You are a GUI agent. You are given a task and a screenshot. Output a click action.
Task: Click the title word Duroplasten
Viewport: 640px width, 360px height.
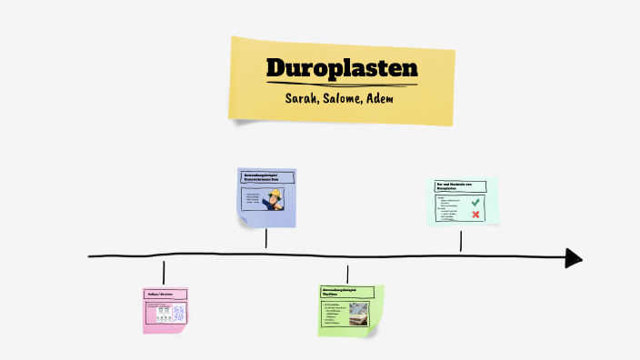coord(342,69)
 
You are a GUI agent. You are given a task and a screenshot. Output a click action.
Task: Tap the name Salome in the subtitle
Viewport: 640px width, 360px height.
coord(340,98)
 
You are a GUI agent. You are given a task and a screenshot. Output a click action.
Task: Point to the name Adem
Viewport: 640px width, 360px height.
coord(378,98)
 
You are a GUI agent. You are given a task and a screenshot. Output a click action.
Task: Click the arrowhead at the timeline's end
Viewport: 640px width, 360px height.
coord(573,257)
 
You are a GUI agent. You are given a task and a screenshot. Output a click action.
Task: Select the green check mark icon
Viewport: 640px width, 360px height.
coord(475,202)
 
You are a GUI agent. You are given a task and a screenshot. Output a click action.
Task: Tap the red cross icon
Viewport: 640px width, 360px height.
coord(475,215)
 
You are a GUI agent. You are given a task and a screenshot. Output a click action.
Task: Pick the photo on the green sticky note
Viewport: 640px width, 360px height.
coord(358,310)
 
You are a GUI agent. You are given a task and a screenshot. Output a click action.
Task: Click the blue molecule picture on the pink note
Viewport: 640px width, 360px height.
coord(178,314)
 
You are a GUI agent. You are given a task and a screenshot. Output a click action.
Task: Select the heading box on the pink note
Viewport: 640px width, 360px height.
coord(165,295)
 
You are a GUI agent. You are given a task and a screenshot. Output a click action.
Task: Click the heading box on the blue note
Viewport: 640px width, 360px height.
coord(265,177)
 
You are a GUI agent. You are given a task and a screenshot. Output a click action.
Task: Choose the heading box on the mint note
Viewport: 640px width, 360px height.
coord(460,185)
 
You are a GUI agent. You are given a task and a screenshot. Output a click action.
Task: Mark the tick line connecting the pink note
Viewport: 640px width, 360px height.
coord(164,273)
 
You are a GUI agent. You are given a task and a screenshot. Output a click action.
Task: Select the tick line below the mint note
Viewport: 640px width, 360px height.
coord(461,241)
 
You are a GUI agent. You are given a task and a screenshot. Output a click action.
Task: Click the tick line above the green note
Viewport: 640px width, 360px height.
coord(347,274)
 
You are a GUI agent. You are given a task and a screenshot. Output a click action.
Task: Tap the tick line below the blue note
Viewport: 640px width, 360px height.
coord(265,238)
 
